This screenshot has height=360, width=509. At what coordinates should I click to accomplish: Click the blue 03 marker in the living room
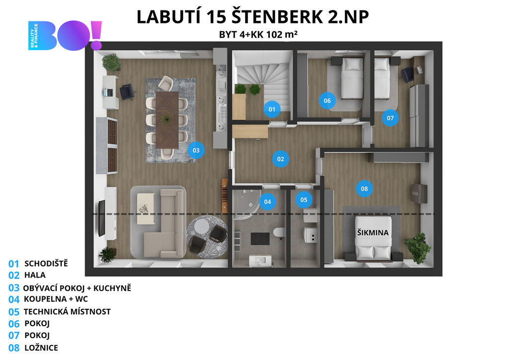pos(196,150)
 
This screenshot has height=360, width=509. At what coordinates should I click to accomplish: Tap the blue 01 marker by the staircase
pos(272,109)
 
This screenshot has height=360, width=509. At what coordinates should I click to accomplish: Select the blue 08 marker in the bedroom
pos(364,188)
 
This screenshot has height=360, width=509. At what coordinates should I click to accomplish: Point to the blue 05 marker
pos(304,199)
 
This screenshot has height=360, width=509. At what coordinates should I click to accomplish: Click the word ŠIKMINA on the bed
pos(373,232)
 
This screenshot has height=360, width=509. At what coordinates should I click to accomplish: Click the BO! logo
pos(65,35)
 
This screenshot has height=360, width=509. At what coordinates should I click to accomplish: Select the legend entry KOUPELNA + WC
pos(56,299)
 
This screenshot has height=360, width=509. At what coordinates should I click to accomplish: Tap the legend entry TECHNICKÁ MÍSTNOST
pos(67,312)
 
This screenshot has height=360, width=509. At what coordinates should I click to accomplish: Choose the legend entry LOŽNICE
pos(41,348)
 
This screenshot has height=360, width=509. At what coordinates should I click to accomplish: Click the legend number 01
pos(13,264)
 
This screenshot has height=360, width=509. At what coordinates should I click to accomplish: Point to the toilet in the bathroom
pos(278,232)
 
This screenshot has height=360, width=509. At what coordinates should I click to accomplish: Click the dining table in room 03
pos(167,120)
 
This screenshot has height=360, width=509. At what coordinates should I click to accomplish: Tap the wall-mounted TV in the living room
pos(101,218)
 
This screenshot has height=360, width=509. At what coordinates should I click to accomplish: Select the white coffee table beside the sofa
pos(146,208)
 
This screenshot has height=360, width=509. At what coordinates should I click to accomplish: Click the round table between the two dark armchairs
pos(203,225)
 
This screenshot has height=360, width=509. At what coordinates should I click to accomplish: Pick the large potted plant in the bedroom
pos(418,247)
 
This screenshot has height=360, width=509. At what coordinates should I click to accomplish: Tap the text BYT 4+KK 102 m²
pos(258,34)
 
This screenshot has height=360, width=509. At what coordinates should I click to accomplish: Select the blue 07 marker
pos(390,118)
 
